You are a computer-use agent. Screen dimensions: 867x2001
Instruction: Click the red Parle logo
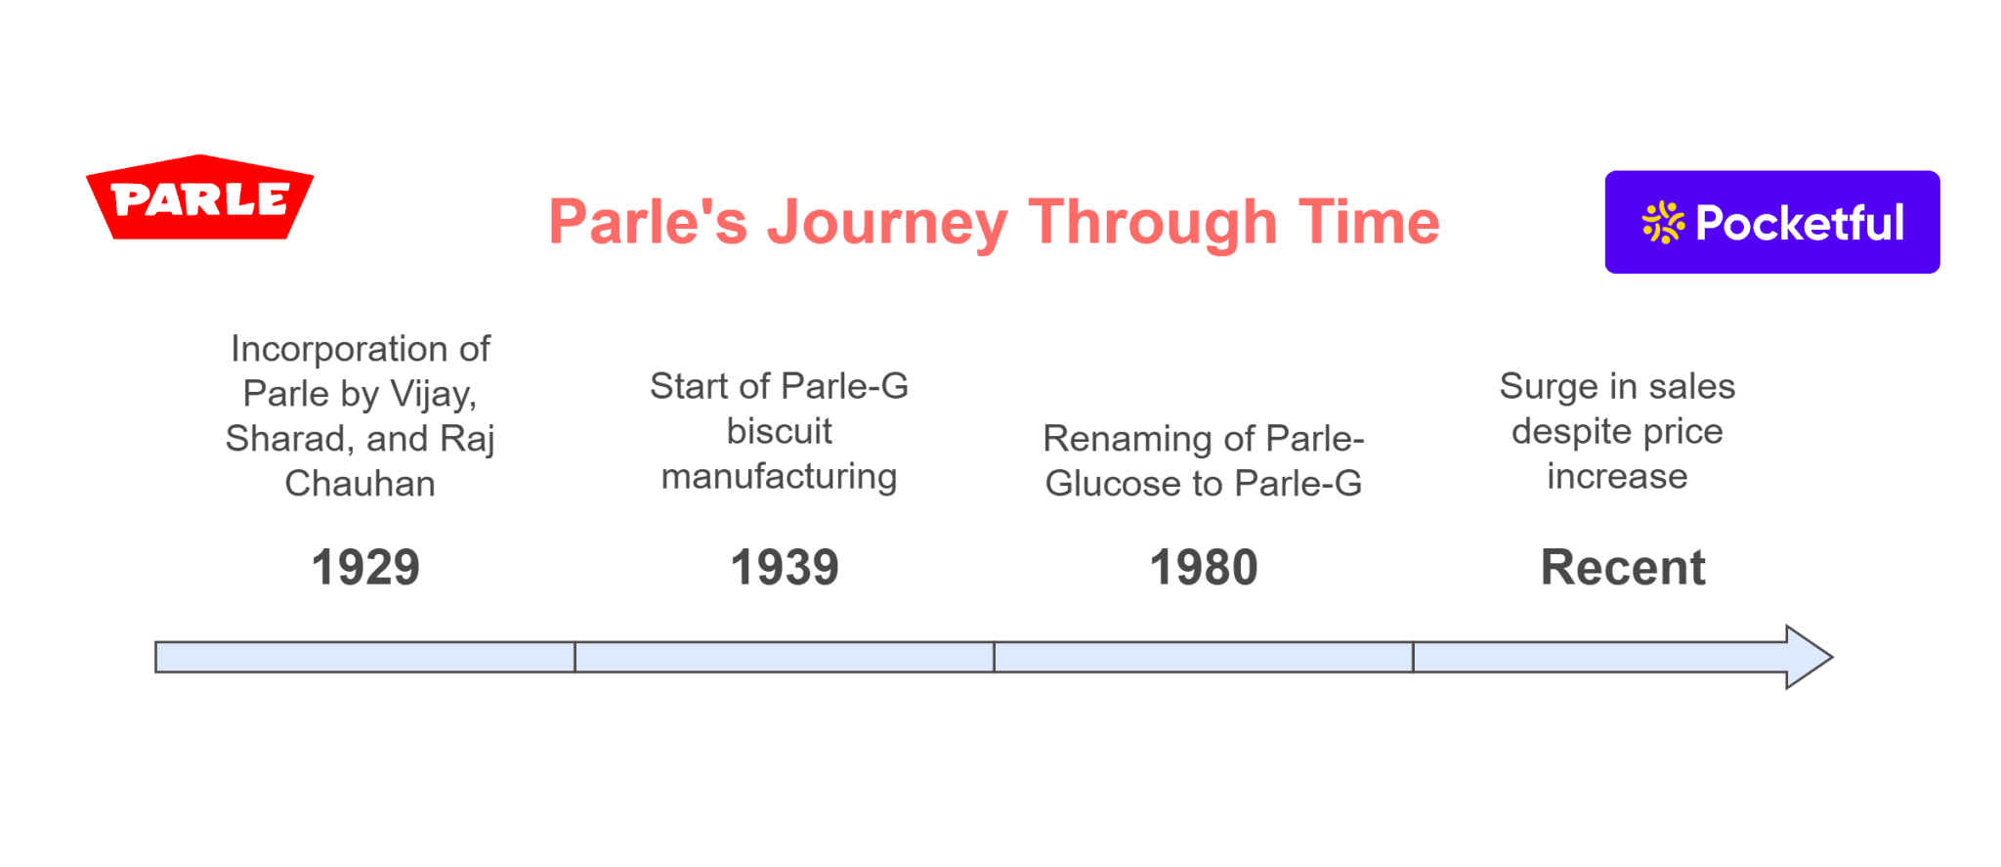[x=199, y=198]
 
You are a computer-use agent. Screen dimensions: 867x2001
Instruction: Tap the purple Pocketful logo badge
[x=1771, y=222]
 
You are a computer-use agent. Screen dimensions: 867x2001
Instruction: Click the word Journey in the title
[x=886, y=223]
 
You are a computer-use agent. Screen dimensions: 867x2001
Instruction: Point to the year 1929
[x=365, y=568]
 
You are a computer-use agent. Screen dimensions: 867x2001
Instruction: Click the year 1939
[x=785, y=568]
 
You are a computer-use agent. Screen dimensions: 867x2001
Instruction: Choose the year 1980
[x=1204, y=568]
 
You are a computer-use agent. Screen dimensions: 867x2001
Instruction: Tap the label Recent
[x=1623, y=568]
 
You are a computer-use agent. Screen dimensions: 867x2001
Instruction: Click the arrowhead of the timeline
[x=1809, y=657]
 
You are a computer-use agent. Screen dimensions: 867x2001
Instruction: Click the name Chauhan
[x=360, y=484]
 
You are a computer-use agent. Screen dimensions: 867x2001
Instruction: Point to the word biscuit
[x=779, y=431]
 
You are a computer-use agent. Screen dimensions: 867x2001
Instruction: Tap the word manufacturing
[x=779, y=477]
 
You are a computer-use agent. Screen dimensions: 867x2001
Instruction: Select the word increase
[x=1617, y=477]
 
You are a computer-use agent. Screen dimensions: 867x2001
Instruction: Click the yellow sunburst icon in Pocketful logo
[x=1663, y=223]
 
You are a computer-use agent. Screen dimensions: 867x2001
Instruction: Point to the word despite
[x=1568, y=432]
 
